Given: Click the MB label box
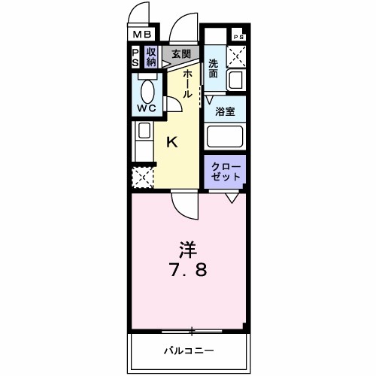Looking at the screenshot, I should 144,34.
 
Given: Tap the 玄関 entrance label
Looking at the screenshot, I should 180,54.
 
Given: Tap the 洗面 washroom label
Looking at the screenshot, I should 213,68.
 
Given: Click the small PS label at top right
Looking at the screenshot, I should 238,37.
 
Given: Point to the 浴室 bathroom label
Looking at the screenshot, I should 226,111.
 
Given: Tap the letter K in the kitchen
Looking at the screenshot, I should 172,141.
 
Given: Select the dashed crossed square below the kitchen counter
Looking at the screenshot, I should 142,178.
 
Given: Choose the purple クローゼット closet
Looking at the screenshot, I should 226,171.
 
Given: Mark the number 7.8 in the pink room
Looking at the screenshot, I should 190,269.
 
